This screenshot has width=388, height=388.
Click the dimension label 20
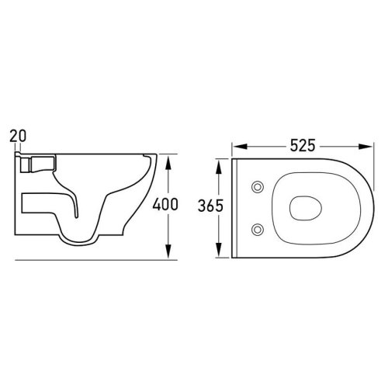click(x=18, y=136)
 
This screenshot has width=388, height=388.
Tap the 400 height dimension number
click(x=165, y=204)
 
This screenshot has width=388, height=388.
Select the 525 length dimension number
click(x=303, y=145)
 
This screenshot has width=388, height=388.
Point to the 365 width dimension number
click(x=210, y=206)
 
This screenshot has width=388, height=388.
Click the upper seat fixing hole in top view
click(x=258, y=187)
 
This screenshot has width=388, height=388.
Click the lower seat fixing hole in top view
click(x=258, y=229)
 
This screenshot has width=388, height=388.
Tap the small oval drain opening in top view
click(x=306, y=208)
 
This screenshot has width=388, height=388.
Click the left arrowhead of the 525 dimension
click(x=239, y=147)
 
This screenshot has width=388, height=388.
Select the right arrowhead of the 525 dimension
click(x=365, y=147)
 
